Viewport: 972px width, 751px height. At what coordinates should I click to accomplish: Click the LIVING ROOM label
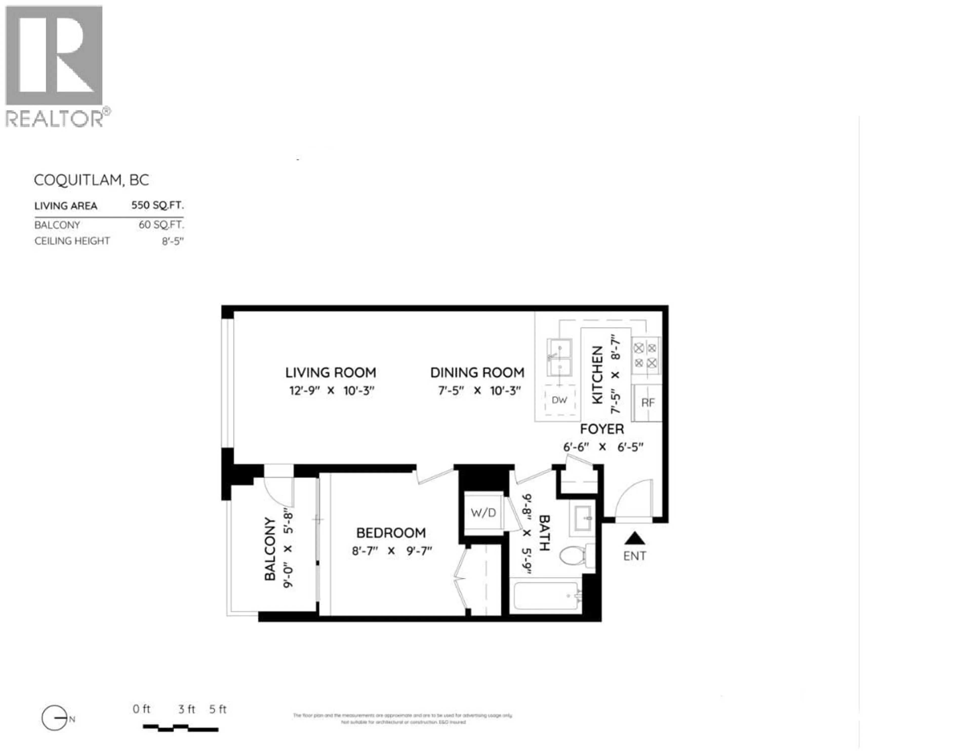pyautogui.click(x=330, y=373)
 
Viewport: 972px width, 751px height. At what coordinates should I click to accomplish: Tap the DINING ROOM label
pyautogui.click(x=477, y=373)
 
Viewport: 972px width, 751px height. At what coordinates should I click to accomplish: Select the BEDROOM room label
pyautogui.click(x=391, y=533)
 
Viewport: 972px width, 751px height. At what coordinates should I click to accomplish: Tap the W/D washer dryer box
pyautogui.click(x=483, y=513)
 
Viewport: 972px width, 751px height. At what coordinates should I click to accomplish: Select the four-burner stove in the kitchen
pyautogui.click(x=645, y=355)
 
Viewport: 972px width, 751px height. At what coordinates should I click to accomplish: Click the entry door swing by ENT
pyautogui.click(x=634, y=499)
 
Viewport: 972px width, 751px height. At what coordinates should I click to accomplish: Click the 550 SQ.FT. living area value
pyautogui.click(x=157, y=205)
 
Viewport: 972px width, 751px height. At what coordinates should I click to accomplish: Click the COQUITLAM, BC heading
pyautogui.click(x=91, y=180)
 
